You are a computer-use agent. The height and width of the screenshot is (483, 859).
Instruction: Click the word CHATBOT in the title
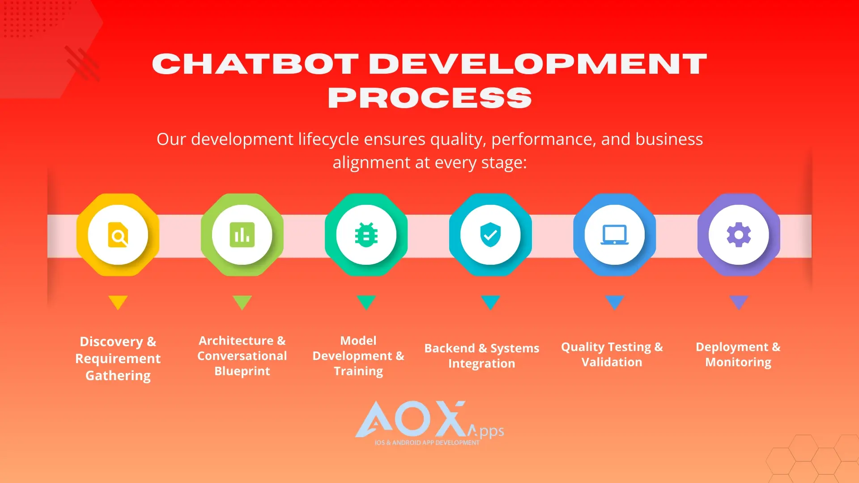tap(255, 64)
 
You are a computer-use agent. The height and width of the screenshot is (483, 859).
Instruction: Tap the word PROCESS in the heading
tap(429, 98)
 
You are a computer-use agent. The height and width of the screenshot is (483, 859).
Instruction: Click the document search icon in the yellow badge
tap(118, 235)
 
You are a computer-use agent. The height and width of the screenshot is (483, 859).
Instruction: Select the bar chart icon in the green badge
tap(242, 235)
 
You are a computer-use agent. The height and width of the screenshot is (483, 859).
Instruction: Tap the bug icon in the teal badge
tap(366, 235)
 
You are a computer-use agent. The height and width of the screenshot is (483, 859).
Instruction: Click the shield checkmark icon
tap(490, 235)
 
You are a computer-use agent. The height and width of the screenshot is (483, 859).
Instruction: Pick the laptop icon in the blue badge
tap(614, 235)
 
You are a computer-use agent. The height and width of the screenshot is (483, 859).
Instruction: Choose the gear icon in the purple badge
tap(739, 235)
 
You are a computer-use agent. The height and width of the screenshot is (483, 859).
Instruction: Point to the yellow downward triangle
tap(118, 302)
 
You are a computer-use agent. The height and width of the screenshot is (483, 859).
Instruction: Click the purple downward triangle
tap(739, 302)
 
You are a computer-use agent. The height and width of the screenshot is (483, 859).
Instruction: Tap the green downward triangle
tap(242, 302)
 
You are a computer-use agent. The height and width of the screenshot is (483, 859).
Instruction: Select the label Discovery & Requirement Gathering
tap(118, 359)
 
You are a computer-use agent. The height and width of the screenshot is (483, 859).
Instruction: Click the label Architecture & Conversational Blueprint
tap(242, 356)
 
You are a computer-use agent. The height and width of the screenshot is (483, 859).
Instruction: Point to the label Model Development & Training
tap(358, 356)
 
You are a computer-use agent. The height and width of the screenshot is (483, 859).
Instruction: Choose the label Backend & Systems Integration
tap(482, 356)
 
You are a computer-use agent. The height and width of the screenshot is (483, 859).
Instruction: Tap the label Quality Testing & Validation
tap(612, 355)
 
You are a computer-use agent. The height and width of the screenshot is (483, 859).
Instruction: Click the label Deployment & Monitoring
tap(738, 355)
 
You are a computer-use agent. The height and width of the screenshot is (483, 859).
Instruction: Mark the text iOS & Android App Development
tap(427, 443)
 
